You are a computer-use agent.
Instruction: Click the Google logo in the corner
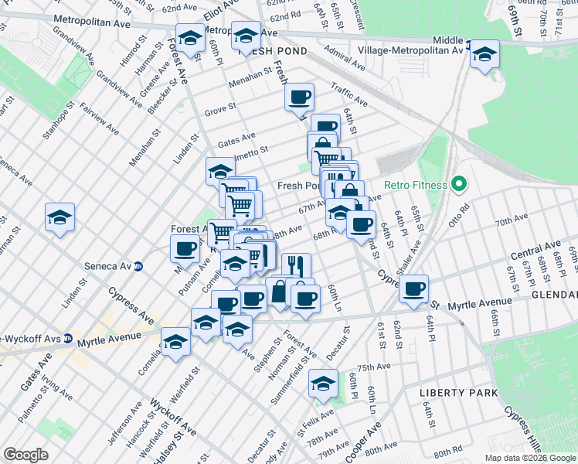click(25, 454)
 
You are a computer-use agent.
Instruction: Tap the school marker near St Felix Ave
click(323, 382)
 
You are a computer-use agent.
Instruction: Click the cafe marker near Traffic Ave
click(299, 97)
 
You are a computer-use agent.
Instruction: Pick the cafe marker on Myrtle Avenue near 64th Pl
click(414, 288)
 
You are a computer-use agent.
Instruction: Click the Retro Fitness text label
click(416, 185)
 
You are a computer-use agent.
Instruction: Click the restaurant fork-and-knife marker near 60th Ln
click(296, 265)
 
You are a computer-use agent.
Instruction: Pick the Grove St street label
click(220, 109)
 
